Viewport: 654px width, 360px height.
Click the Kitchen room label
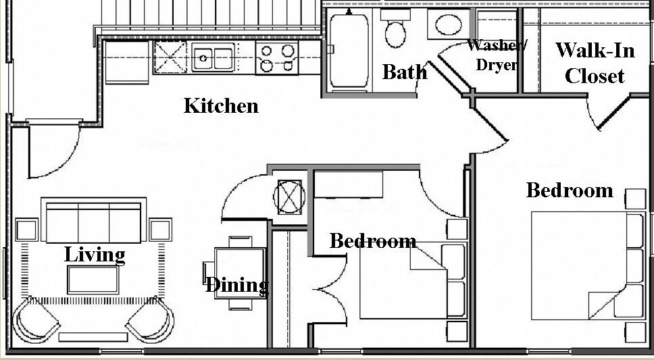coord(221,106)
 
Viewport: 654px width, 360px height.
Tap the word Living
coord(95,255)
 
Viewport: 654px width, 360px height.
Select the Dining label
coord(236,284)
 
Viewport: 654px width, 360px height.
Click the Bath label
coord(404,72)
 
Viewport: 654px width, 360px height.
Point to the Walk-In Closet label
coord(595,63)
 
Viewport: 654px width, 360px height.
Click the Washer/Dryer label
coord(497,56)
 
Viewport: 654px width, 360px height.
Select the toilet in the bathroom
coord(395,31)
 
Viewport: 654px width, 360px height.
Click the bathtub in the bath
coord(349,51)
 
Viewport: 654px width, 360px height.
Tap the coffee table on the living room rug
coord(95,278)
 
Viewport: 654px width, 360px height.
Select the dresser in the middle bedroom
coord(349,183)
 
